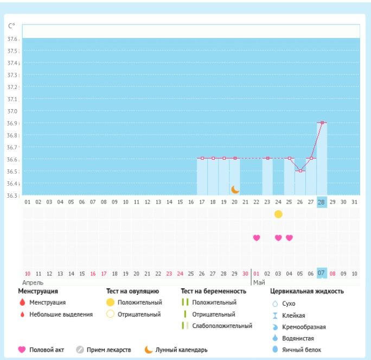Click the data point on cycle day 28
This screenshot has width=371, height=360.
[322, 123]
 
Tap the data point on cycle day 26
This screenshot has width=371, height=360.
[300, 170]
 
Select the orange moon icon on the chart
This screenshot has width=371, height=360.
[235, 190]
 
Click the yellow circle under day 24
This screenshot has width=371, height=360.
[278, 214]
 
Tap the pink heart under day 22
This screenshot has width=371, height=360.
[257, 237]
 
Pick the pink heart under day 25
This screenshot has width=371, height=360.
[289, 237]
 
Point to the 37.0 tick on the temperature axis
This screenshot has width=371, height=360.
[12, 111]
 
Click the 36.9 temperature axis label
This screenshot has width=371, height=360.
[12, 123]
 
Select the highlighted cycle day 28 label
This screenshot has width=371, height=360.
[322, 201]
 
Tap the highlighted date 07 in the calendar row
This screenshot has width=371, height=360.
[322, 273]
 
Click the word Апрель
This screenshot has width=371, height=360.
[33, 282]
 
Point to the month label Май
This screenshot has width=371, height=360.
[259, 282]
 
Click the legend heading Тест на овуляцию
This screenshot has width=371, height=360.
[132, 291]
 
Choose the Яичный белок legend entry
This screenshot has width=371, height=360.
[300, 350]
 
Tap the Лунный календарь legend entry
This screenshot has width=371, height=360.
[181, 350]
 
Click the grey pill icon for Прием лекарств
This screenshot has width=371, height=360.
[80, 350]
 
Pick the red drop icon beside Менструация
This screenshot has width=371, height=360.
[22, 302]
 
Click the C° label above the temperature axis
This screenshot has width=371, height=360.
[11, 26]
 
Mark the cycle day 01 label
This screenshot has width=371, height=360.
[28, 201]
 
